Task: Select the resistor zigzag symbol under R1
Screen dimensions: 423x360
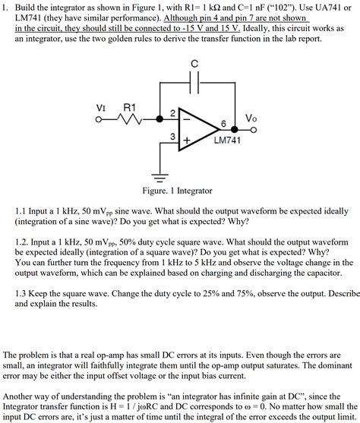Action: tap(129, 118)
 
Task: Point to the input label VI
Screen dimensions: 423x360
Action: tap(100, 107)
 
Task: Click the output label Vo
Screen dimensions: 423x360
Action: tap(251, 118)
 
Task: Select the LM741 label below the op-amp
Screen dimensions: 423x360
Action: tap(228, 141)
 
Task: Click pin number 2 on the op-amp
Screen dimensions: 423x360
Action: tap(172, 112)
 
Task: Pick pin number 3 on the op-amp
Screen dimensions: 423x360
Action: tap(172, 136)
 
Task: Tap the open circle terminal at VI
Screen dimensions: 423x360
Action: tap(101, 118)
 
